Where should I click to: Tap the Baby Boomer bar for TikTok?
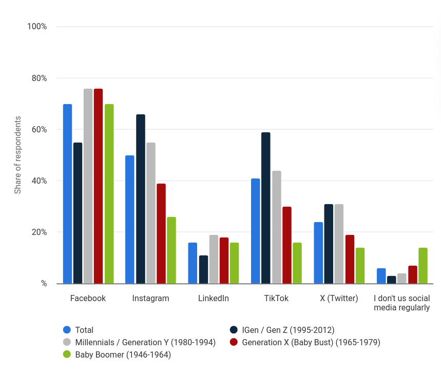coord(297,263)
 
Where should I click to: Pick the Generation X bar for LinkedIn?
coord(224,261)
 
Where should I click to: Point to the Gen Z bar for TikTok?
coord(266,208)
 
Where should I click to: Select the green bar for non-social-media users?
coord(423,266)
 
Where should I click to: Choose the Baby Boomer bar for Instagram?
coord(171,250)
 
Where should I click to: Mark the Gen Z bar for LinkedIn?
coord(203,269)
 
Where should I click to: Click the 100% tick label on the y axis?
coord(37,27)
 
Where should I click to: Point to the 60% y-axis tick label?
coord(38,130)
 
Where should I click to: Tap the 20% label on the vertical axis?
coord(38,232)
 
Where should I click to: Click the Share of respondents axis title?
coord(18,155)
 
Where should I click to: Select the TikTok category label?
coord(276,299)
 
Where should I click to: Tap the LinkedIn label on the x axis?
coord(214,299)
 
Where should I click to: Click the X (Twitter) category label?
coord(339,299)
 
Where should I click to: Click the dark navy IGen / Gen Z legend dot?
coord(234,330)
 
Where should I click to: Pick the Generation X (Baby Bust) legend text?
coord(311,342)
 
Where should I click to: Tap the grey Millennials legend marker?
coord(67,342)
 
